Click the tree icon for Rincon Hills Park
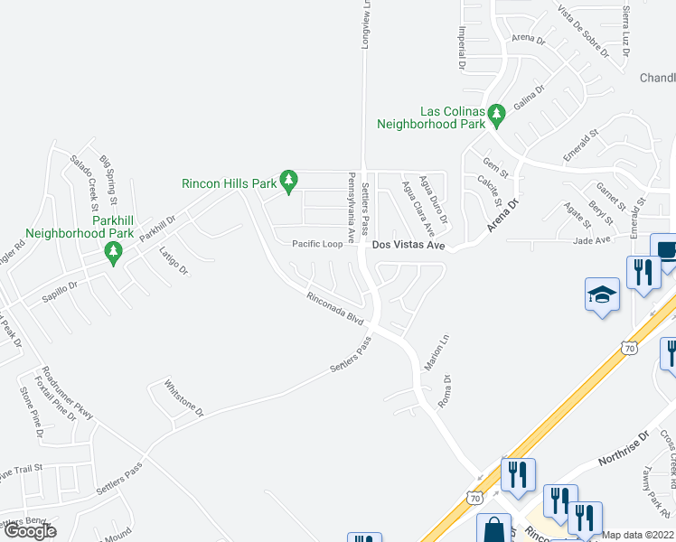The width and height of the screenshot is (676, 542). [x=288, y=182]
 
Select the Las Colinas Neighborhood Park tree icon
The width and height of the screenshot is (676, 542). [x=495, y=114]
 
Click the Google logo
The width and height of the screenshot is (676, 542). [x=30, y=531]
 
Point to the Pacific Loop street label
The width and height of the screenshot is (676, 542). [x=317, y=244]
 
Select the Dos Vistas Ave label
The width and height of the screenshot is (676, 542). [x=408, y=244]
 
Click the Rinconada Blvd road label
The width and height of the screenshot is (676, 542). [x=334, y=308]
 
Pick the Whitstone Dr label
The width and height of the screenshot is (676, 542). [x=184, y=397]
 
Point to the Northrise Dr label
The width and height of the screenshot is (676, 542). [x=624, y=449]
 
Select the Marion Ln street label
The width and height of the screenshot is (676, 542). [x=444, y=350]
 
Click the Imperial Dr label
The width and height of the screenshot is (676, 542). [x=462, y=48]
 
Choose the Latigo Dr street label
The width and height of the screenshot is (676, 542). [x=173, y=261]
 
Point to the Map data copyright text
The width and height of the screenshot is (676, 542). [x=638, y=535]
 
